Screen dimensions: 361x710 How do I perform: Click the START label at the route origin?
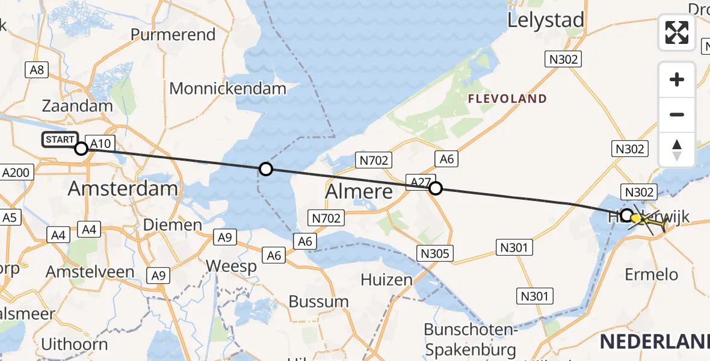(60, 140)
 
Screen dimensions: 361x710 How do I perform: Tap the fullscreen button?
(677, 32)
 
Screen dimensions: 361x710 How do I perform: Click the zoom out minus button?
(677, 114)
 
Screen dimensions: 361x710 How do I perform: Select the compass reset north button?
(677, 149)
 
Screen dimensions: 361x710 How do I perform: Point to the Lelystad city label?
(546, 20)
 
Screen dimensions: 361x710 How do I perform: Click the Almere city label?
(359, 191)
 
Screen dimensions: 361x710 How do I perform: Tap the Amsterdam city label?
(123, 188)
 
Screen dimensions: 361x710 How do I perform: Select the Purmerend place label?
(173, 34)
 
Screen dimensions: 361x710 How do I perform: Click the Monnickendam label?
(227, 89)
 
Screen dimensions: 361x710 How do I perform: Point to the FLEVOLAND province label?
(507, 99)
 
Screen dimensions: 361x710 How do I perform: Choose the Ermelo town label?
(652, 274)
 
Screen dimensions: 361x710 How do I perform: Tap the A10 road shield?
(100, 143)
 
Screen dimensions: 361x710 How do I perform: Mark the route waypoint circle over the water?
(265, 170)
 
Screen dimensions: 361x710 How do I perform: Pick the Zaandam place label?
(78, 106)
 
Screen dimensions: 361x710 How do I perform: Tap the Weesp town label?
(231, 266)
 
